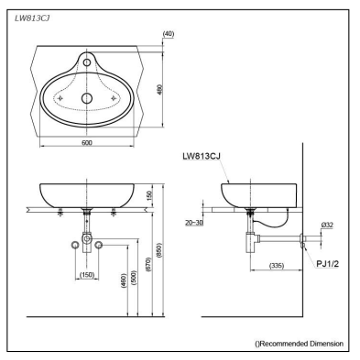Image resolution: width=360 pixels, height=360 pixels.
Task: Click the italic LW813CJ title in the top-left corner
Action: click(32, 19)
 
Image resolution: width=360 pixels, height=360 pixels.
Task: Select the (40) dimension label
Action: click(168, 34)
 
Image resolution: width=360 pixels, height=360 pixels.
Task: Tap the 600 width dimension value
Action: click(87, 143)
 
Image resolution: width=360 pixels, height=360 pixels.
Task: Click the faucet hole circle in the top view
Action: click(87, 62)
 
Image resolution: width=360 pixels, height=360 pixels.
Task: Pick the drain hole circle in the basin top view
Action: click(87, 98)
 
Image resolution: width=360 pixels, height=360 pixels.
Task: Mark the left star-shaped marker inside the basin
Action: click(60, 98)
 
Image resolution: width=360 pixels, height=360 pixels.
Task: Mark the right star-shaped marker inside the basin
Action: click(114, 98)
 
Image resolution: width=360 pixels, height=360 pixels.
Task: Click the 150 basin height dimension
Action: click(149, 195)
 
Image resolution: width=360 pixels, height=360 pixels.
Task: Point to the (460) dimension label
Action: click(124, 280)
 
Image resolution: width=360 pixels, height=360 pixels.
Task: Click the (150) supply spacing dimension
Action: click(87, 275)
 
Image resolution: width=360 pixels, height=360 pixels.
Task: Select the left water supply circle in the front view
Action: click(75, 245)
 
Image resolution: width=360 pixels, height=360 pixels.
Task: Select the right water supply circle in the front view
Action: click(98, 245)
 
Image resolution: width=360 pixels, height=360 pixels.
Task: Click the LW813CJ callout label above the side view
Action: click(202, 156)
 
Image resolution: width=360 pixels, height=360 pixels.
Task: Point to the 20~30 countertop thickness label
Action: click(194, 223)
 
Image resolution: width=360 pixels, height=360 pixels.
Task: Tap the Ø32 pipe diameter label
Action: click(327, 225)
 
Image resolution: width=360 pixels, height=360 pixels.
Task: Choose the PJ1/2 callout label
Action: click(327, 264)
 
